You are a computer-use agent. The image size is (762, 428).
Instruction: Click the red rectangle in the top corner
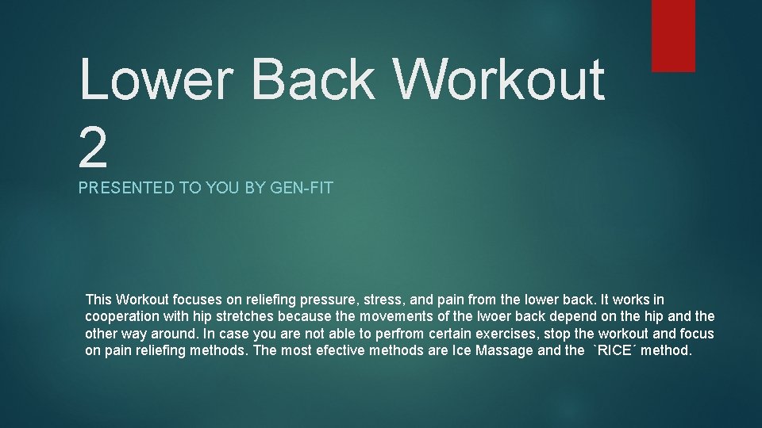pos(673,36)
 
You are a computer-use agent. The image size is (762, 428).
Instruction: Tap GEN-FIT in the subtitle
pos(303,189)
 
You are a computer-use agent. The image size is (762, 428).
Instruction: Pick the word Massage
pos(504,350)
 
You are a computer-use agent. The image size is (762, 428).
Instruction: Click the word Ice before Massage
pos(462,350)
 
